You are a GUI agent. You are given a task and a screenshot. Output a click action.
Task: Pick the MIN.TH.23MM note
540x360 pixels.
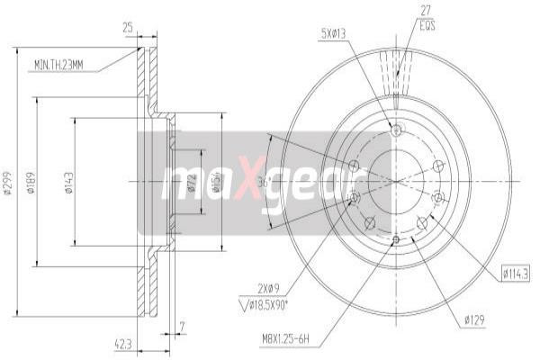click(x=59, y=65)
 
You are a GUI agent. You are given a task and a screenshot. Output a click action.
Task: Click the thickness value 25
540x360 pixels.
click(x=128, y=28)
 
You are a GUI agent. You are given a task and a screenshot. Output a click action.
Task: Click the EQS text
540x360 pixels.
click(x=427, y=27)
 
